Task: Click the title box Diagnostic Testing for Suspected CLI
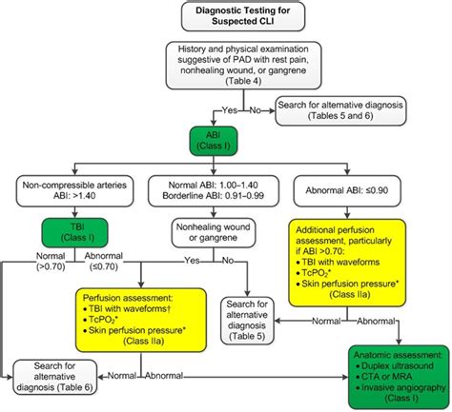coord(243,16)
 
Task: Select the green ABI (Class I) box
coord(214,141)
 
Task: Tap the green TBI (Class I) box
coord(75,232)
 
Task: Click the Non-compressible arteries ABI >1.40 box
coord(74,190)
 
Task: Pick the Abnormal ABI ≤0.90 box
coord(347,190)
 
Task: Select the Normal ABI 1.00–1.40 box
coord(214,190)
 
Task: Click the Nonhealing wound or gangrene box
coord(214,232)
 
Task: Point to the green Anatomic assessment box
coord(400,377)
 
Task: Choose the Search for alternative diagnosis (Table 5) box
coord(247,321)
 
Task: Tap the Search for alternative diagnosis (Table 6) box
coord(54,377)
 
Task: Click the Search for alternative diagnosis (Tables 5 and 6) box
coord(340,110)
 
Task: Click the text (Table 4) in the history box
coord(243,81)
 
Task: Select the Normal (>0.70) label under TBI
coord(51,262)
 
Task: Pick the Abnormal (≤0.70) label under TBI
coord(103,262)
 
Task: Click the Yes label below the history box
coord(230,110)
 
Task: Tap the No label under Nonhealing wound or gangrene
coord(228,261)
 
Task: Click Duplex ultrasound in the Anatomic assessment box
coord(398,365)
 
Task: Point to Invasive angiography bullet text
coord(403,387)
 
